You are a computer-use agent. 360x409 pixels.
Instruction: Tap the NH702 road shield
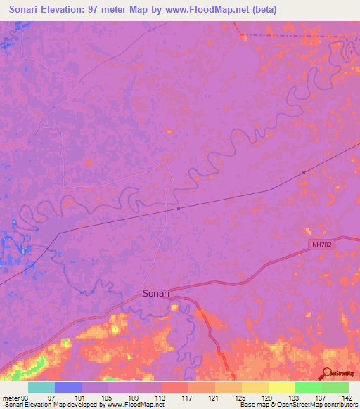pyautogui.click(x=321, y=245)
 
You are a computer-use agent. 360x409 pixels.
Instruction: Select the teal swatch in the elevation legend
pyautogui.click(x=41, y=387)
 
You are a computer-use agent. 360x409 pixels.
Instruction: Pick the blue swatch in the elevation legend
pyautogui.click(x=68, y=387)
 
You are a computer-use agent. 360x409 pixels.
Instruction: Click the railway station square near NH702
pyautogui.click(x=303, y=172)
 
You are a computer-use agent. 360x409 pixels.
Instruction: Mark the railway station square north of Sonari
pyautogui.click(x=179, y=208)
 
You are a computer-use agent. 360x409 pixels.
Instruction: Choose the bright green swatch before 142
pyautogui.click(x=309, y=387)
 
